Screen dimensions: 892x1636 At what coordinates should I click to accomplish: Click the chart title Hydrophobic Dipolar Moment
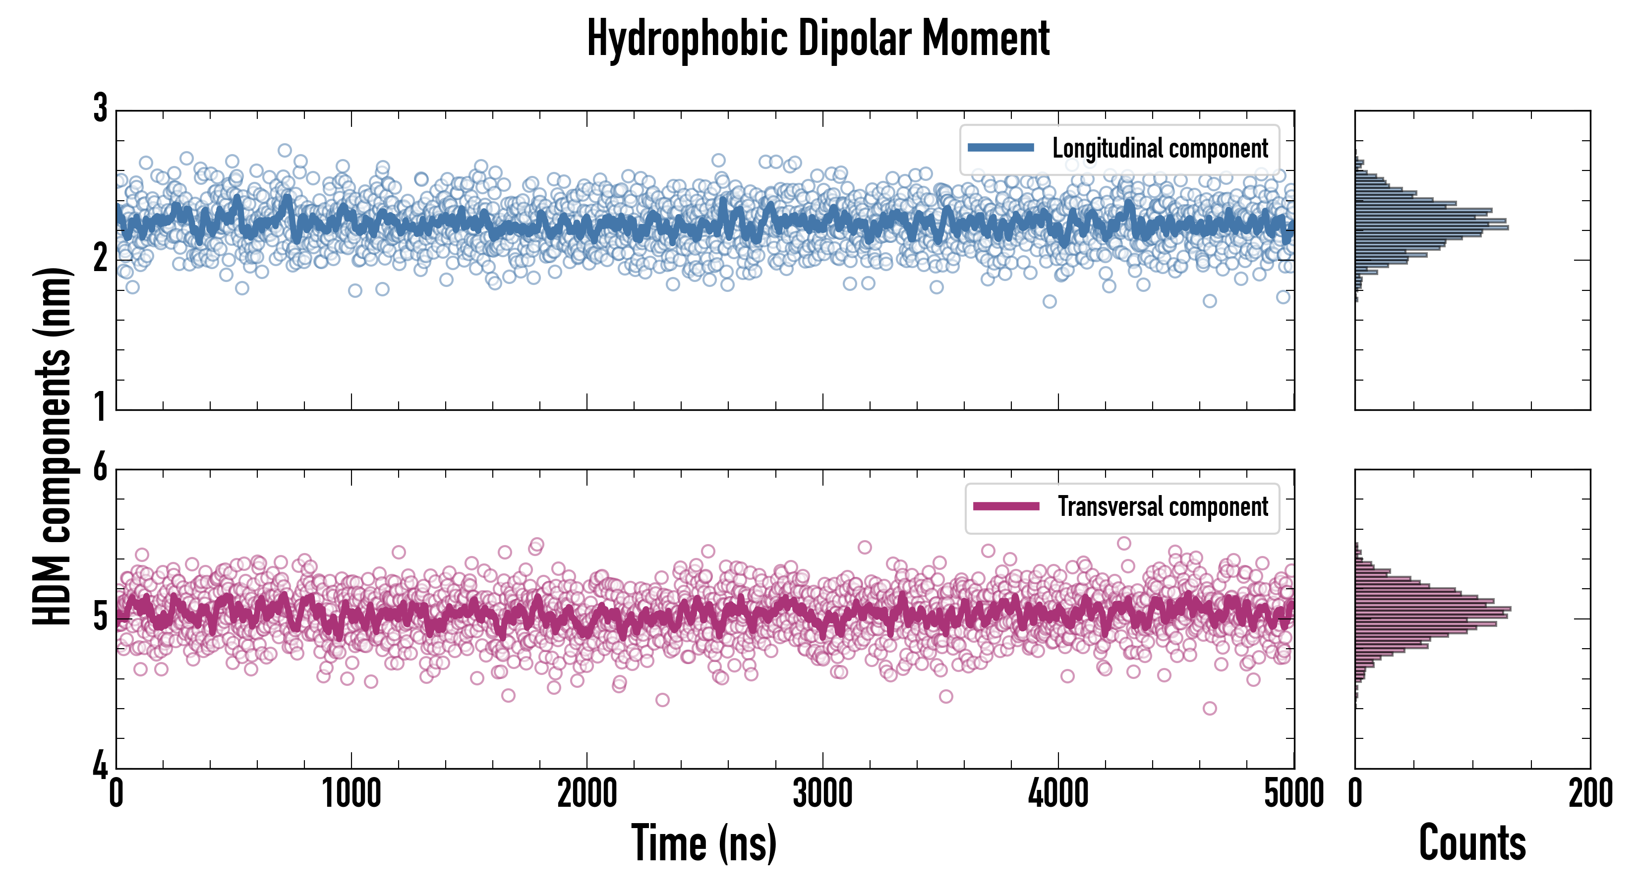click(x=818, y=38)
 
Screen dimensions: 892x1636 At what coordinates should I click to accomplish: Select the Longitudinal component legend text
click(x=1160, y=149)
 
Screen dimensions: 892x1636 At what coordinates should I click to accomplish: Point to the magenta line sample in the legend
click(x=1006, y=506)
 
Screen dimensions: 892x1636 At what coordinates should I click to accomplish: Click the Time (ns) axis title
click(x=703, y=843)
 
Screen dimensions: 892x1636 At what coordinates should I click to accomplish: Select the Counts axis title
click(x=1472, y=843)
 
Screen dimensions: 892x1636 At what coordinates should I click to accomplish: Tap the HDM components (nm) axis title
click(x=52, y=446)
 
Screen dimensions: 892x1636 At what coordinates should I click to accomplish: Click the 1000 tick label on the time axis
click(x=351, y=793)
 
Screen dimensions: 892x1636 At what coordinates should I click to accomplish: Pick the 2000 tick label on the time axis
click(x=587, y=793)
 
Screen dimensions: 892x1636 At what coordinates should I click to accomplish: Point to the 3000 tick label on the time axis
click(x=822, y=793)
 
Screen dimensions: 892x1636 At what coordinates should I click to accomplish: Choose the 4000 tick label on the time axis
click(x=1058, y=793)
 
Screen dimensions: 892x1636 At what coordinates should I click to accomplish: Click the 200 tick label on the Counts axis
click(x=1590, y=793)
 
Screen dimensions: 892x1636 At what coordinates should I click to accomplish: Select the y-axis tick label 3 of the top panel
click(x=100, y=109)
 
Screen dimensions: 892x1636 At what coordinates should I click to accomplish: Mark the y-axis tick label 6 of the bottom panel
click(x=100, y=468)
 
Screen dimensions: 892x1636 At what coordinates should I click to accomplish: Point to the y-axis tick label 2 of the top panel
click(x=100, y=258)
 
